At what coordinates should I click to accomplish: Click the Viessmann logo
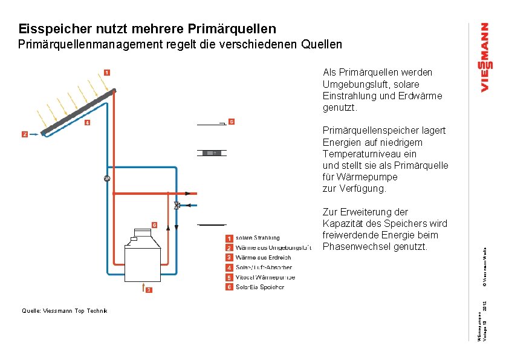485,58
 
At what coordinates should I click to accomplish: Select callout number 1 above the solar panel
106,73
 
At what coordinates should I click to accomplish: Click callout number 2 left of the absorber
25,134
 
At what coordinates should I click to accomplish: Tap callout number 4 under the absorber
87,123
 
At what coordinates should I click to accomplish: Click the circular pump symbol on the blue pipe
106,178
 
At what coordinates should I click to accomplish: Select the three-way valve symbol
176,205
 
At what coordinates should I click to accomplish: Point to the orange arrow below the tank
143,285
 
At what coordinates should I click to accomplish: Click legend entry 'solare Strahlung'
258,238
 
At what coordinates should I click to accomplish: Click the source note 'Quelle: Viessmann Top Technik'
64,310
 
